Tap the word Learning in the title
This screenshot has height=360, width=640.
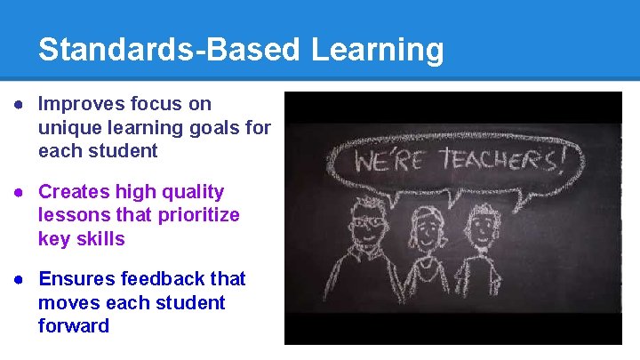[x=378, y=50]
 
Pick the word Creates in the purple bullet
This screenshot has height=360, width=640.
[x=71, y=192]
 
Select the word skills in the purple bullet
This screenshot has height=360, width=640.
[x=100, y=239]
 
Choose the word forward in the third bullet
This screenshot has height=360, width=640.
[x=74, y=326]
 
